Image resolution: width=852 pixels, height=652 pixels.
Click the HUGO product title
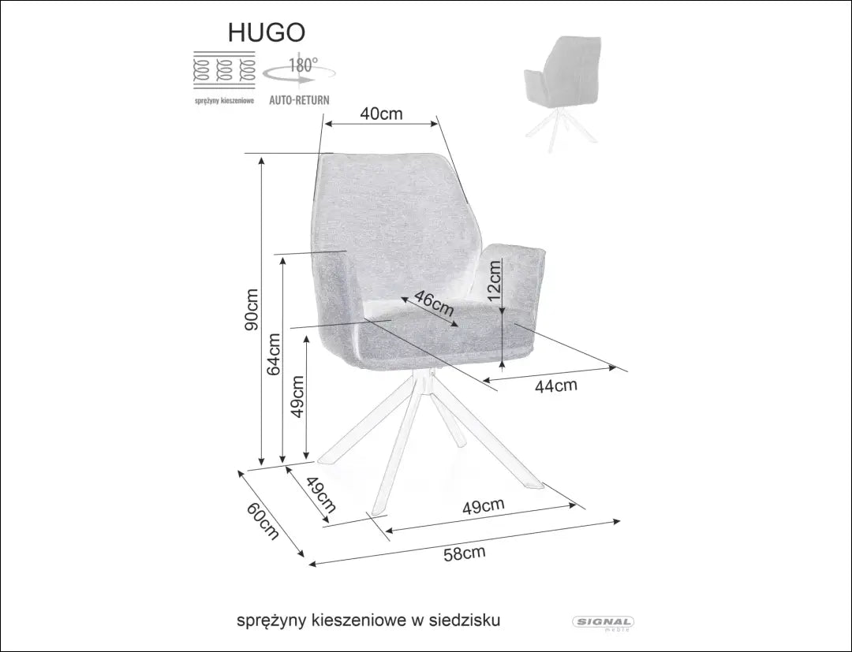[x=266, y=31]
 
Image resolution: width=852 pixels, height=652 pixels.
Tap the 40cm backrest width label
[x=381, y=114]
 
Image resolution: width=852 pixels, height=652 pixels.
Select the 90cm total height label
[x=251, y=307]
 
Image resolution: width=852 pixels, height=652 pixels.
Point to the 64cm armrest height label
[x=273, y=354]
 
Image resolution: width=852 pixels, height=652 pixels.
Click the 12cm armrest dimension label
[x=494, y=282]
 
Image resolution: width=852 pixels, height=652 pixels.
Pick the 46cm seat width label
[x=434, y=304]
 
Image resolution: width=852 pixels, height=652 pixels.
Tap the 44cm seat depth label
[x=556, y=386]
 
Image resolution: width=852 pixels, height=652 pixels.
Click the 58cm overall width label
[x=464, y=553]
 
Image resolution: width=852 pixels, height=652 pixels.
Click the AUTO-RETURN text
[x=299, y=101]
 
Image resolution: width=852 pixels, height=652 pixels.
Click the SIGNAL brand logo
[x=602, y=623]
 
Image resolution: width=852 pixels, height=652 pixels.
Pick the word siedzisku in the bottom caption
[x=466, y=620]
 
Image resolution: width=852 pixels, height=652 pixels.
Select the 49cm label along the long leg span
[x=483, y=507]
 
